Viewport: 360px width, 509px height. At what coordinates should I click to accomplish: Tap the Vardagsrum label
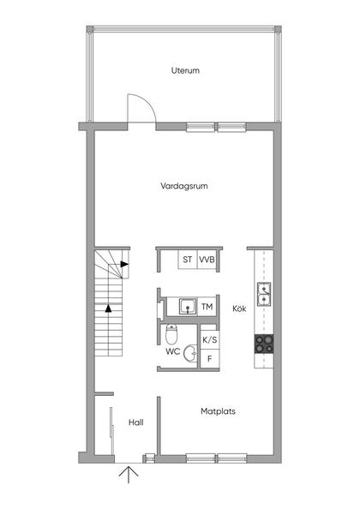185,185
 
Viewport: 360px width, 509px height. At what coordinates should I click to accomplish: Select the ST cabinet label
187,259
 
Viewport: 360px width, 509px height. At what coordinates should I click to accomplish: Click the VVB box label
207,259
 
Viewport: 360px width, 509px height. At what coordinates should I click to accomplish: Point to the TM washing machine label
207,306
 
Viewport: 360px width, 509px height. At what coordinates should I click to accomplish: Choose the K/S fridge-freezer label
208,339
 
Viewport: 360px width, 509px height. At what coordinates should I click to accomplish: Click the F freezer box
208,358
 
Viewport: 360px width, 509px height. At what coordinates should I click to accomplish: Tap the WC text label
172,351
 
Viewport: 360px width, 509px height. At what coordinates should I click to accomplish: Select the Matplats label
218,410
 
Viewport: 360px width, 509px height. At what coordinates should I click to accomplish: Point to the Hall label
135,422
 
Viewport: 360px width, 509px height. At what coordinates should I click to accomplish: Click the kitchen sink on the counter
265,294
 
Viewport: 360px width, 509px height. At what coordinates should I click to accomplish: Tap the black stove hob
264,344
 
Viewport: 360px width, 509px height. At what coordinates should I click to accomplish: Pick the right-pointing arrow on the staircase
124,265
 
